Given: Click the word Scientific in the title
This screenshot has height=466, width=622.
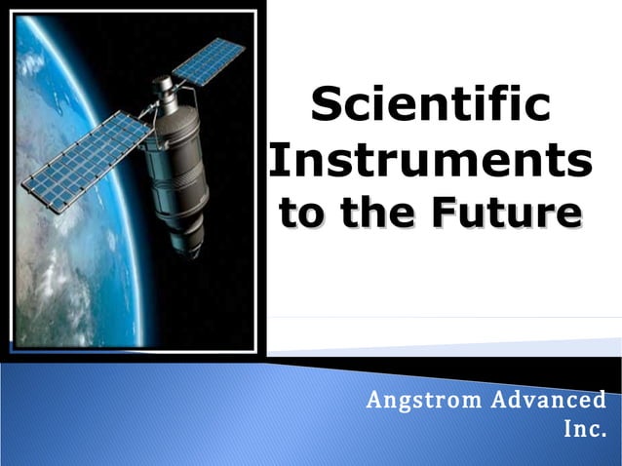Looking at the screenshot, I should [430, 104].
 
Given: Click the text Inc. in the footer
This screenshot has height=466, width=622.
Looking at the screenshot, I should [585, 428].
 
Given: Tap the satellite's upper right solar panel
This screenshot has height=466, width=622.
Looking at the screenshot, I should [209, 60].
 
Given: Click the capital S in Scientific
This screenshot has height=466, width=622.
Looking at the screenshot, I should [327, 104].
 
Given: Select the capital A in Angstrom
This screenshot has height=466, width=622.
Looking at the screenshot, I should [373, 400].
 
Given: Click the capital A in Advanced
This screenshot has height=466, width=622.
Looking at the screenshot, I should [499, 400].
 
